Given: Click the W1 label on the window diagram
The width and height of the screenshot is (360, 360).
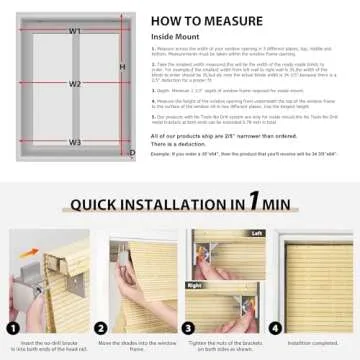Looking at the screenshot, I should click(x=75, y=31).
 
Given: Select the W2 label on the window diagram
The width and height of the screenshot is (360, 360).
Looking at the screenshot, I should click(x=75, y=84).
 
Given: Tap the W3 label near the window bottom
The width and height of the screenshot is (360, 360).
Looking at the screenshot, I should click(x=75, y=143).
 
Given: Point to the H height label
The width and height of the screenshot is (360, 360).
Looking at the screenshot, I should click(x=122, y=67).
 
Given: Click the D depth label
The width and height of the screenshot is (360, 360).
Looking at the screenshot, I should click(x=132, y=152).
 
